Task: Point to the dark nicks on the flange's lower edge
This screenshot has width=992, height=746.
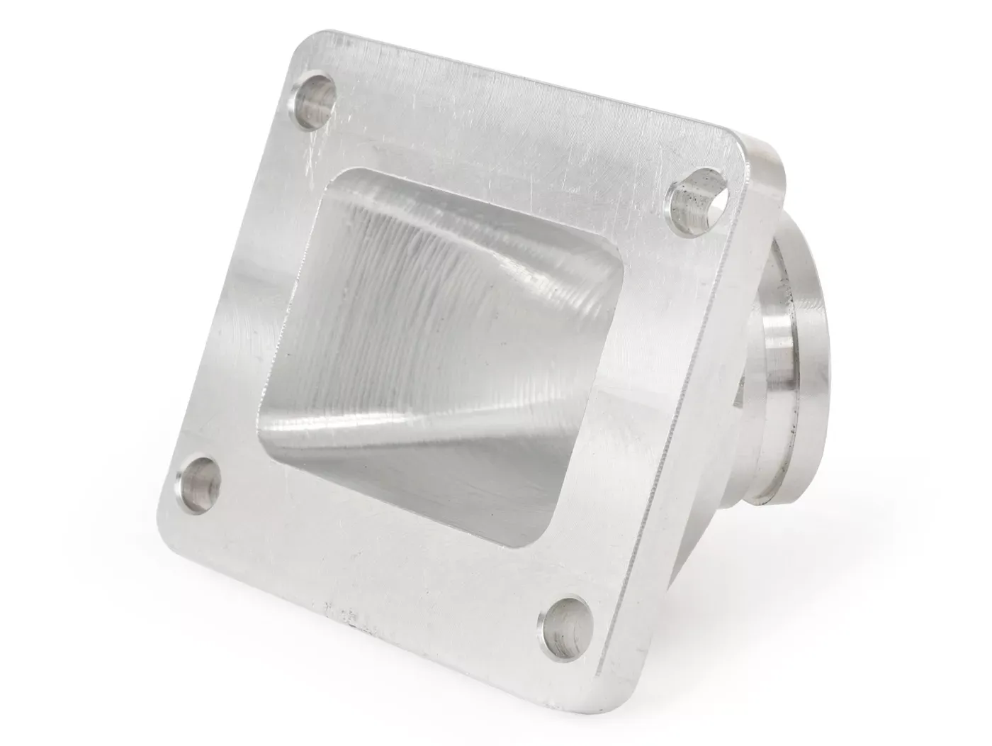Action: pyautogui.click(x=340, y=610)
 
